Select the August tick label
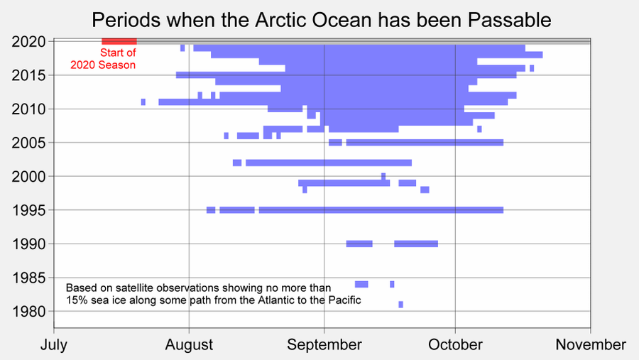pos(189,345)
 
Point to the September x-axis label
pos(324,345)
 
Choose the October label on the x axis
pos(454,345)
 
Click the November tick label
pos(591,345)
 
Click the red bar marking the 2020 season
pos(119,41)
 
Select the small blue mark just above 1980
pos(400,305)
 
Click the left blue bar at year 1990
pos(359,244)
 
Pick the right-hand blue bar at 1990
pos(416,244)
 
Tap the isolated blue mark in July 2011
pos(143,102)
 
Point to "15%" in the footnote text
pos(77,300)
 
